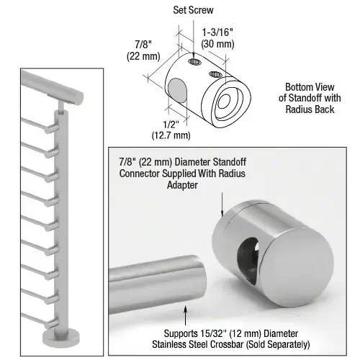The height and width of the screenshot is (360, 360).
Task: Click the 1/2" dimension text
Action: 163,122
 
